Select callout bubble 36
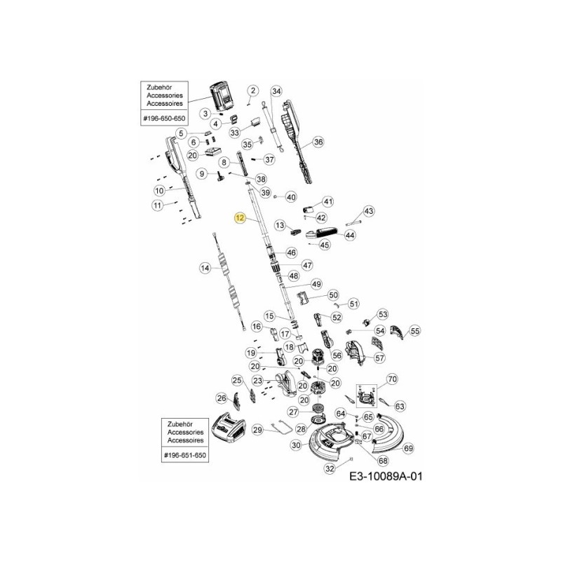[x=318, y=142]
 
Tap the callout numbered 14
[x=205, y=267]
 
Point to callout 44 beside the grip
[x=349, y=236]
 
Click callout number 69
[x=408, y=447]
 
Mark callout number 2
[x=253, y=90]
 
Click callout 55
[x=414, y=331]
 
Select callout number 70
[x=392, y=379]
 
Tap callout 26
[x=222, y=398]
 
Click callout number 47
[x=306, y=265]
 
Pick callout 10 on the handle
[x=159, y=190]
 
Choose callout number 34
[x=276, y=91]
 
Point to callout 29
[x=257, y=430]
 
